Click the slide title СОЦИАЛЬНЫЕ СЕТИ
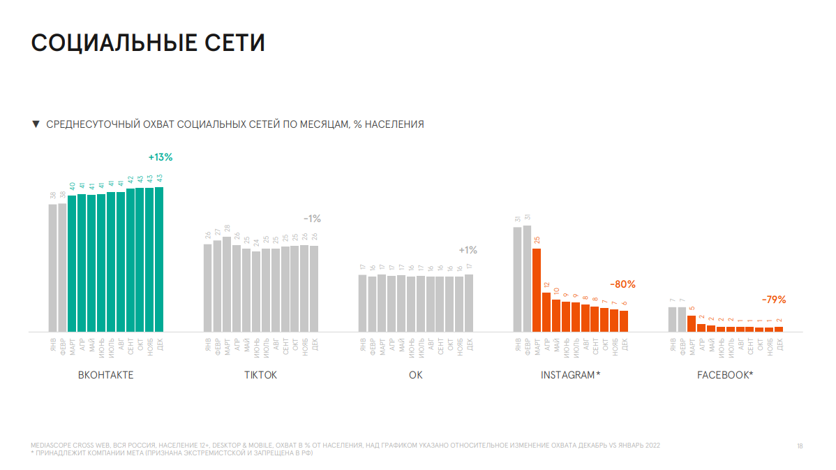148,43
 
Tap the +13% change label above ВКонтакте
160,157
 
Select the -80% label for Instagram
623,285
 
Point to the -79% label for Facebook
774,300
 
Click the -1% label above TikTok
312,219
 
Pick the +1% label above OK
468,250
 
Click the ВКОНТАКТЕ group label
105,376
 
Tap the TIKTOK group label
260,376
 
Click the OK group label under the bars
415,376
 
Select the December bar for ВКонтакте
159,258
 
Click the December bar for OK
468,302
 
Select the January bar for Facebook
672,319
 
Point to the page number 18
800,446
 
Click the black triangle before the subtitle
36,124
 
